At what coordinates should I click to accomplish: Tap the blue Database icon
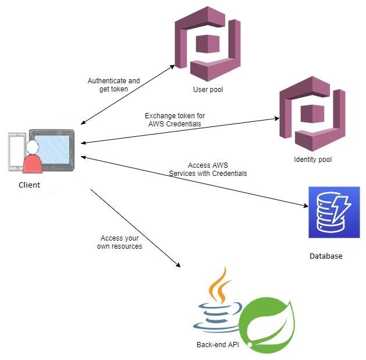(333, 212)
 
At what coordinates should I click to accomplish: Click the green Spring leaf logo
(267, 323)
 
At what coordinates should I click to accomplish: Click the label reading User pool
(208, 90)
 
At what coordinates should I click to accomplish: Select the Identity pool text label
(313, 160)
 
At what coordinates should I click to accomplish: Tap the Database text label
(326, 256)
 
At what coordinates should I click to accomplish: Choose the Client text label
(29, 185)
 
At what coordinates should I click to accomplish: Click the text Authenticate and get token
(113, 85)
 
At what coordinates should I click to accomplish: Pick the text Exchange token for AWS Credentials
(175, 120)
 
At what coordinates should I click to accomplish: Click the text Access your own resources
(119, 242)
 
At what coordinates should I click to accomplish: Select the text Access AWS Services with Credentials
(208, 170)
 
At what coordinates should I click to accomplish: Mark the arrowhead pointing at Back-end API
(178, 265)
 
